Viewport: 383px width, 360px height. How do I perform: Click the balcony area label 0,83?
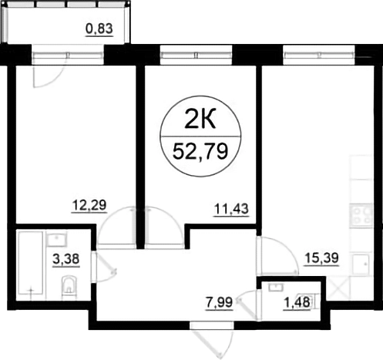99,29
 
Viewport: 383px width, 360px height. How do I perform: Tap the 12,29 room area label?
89,205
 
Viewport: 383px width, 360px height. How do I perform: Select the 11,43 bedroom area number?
231,209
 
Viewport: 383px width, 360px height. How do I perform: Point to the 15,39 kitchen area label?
321,258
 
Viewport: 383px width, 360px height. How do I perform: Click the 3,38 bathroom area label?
66,259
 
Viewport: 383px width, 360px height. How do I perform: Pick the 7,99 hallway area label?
219,302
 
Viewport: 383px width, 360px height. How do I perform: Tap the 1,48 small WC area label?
297,302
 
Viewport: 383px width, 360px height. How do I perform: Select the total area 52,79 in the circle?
200,152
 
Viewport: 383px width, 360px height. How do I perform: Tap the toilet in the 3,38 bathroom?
69,288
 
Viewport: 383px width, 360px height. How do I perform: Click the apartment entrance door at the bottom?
212,341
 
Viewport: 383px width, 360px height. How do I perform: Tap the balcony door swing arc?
48,77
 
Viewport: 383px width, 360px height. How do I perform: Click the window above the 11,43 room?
197,55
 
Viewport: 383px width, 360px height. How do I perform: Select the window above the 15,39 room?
319,55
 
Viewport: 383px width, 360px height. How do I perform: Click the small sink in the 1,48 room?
276,288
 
